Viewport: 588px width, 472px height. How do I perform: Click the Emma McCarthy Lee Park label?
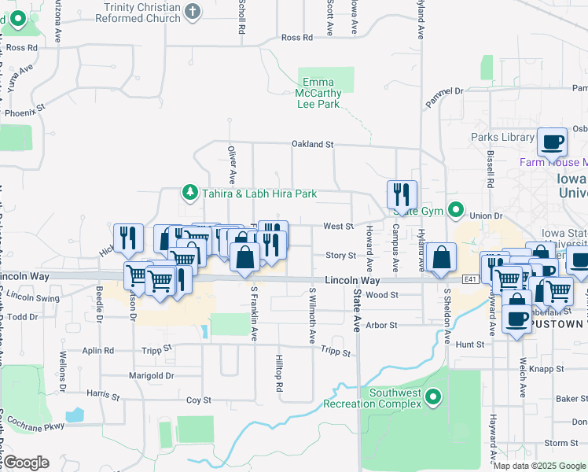tap(318, 93)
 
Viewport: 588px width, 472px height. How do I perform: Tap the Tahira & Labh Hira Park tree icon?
tap(189, 192)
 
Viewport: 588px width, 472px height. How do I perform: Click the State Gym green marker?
tap(455, 210)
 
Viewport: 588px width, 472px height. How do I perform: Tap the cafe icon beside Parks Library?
tap(552, 142)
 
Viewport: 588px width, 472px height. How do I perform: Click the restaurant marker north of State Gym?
tap(402, 194)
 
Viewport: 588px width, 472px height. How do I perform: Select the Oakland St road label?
tap(313, 145)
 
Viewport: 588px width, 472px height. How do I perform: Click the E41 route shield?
tap(470, 279)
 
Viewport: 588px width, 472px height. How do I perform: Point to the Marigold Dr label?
tap(153, 376)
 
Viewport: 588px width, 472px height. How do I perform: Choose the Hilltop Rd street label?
tap(279, 371)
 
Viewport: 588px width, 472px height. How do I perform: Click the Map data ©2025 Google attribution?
tap(539, 466)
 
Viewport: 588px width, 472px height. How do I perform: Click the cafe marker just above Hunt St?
tap(516, 318)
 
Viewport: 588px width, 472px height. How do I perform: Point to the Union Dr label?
tap(485, 216)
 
